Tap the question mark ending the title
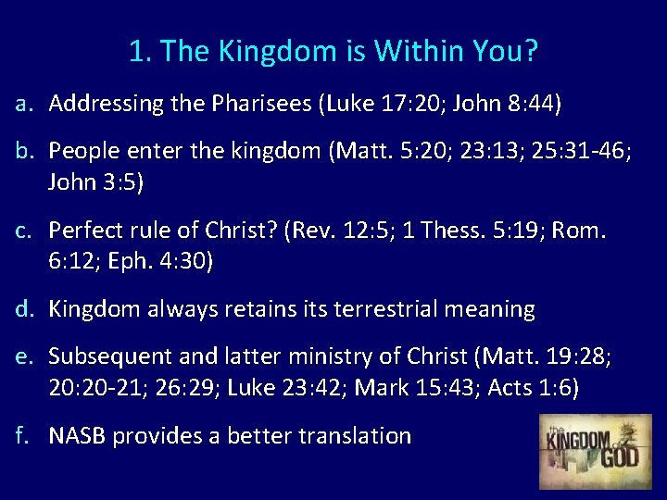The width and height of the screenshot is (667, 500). click(x=530, y=52)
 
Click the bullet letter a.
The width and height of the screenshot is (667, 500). click(x=24, y=104)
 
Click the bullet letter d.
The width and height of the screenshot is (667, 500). click(x=24, y=309)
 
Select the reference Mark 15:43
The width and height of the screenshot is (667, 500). click(x=415, y=388)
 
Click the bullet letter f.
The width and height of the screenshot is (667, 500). click(x=24, y=436)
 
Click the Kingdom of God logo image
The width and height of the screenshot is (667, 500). click(x=595, y=451)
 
